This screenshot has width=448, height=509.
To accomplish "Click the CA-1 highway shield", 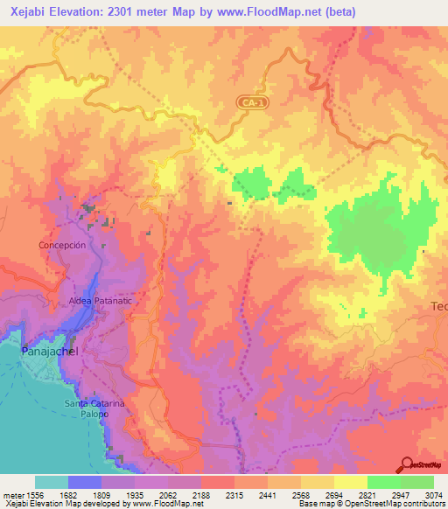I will pyautogui.click(x=253, y=102).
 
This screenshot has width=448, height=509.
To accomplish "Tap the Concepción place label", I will pyautogui.click(x=62, y=246).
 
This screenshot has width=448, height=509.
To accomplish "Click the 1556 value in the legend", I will pyautogui.click(x=27, y=494).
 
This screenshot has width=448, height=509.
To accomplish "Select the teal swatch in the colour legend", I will pyautogui.click(x=52, y=482).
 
